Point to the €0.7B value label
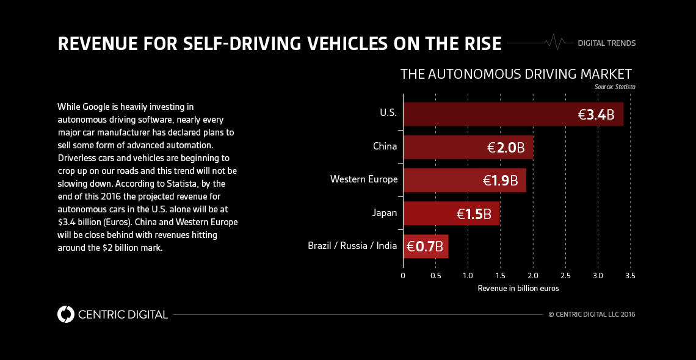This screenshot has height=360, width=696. point(426,247)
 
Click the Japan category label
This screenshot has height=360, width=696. point(385,213)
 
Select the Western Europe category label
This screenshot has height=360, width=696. point(364,179)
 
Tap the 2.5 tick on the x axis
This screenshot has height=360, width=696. point(565,276)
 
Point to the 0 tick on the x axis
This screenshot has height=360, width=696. point(403,276)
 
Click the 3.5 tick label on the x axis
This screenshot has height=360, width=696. point(630,276)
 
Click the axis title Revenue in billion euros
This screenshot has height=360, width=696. point(518,288)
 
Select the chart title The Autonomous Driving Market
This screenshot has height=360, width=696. point(516,74)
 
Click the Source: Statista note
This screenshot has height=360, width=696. point(614,87)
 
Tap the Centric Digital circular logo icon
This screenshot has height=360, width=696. point(65,314)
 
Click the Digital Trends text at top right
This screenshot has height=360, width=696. point(607,43)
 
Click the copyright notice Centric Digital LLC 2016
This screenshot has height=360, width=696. point(592,315)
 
